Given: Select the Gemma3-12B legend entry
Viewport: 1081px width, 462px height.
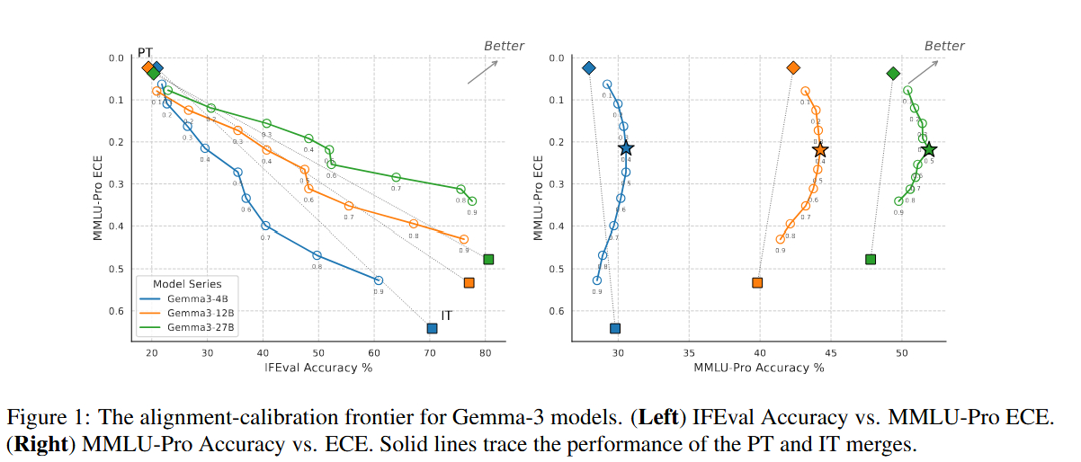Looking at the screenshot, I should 193,313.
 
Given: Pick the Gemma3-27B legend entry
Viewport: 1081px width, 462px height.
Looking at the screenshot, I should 193,327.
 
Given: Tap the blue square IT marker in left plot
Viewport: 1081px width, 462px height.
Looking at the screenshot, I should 433,328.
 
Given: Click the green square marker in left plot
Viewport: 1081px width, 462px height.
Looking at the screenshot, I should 488,259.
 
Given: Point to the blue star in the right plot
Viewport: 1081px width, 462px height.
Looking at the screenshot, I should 626,148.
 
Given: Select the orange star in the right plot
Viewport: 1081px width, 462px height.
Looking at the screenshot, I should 819,150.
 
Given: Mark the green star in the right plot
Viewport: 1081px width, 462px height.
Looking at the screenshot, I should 929,149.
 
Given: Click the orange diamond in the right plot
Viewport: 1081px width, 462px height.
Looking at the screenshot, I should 793,67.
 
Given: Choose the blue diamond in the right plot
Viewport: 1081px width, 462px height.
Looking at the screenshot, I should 589,67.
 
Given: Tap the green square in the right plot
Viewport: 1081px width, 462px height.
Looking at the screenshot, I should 871,259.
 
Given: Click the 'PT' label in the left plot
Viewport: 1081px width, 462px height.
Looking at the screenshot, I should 145,53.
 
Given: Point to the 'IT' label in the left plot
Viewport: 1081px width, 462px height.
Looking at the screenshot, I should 447,315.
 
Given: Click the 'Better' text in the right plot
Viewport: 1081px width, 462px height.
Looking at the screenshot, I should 944,46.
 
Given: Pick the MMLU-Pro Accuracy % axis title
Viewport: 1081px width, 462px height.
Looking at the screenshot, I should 759,367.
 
